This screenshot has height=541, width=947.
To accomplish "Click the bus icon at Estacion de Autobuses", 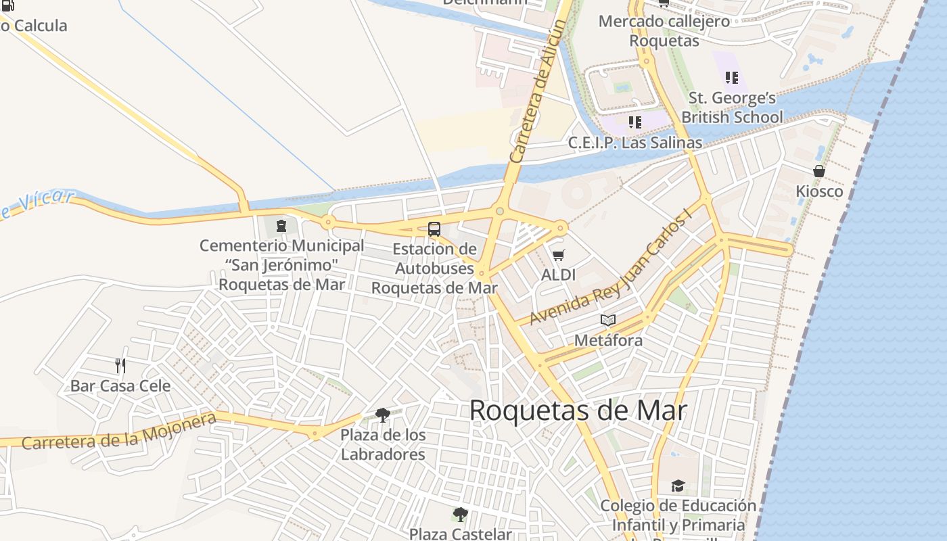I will pyautogui.click(x=434, y=229).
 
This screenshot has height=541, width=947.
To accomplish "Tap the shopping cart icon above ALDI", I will pyautogui.click(x=558, y=255).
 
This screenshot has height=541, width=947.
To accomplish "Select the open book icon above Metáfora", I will pyautogui.click(x=608, y=320).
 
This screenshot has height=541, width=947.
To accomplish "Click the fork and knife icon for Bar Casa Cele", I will pyautogui.click(x=120, y=366).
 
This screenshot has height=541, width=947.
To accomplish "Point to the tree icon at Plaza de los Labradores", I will pyautogui.click(x=383, y=415).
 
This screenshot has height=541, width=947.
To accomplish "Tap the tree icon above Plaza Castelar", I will pyautogui.click(x=461, y=515).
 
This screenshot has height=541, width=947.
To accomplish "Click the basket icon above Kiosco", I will pyautogui.click(x=819, y=171).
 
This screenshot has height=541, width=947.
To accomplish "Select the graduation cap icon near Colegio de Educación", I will pyautogui.click(x=678, y=486).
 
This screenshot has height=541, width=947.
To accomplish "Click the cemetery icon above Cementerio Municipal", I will pyautogui.click(x=281, y=225).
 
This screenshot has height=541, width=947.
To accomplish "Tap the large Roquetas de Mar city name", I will pyautogui.click(x=578, y=410).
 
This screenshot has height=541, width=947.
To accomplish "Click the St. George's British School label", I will pyautogui.click(x=732, y=108).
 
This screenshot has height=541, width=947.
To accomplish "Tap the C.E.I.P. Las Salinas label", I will pyautogui.click(x=635, y=143).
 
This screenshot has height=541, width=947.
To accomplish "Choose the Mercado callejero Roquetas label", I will pyautogui.click(x=664, y=30).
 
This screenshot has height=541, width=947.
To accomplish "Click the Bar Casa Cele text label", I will pyautogui.click(x=120, y=386).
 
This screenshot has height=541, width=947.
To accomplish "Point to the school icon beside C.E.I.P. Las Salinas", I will pyautogui.click(x=635, y=122).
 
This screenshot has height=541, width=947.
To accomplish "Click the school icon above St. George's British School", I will pyautogui.click(x=731, y=78).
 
